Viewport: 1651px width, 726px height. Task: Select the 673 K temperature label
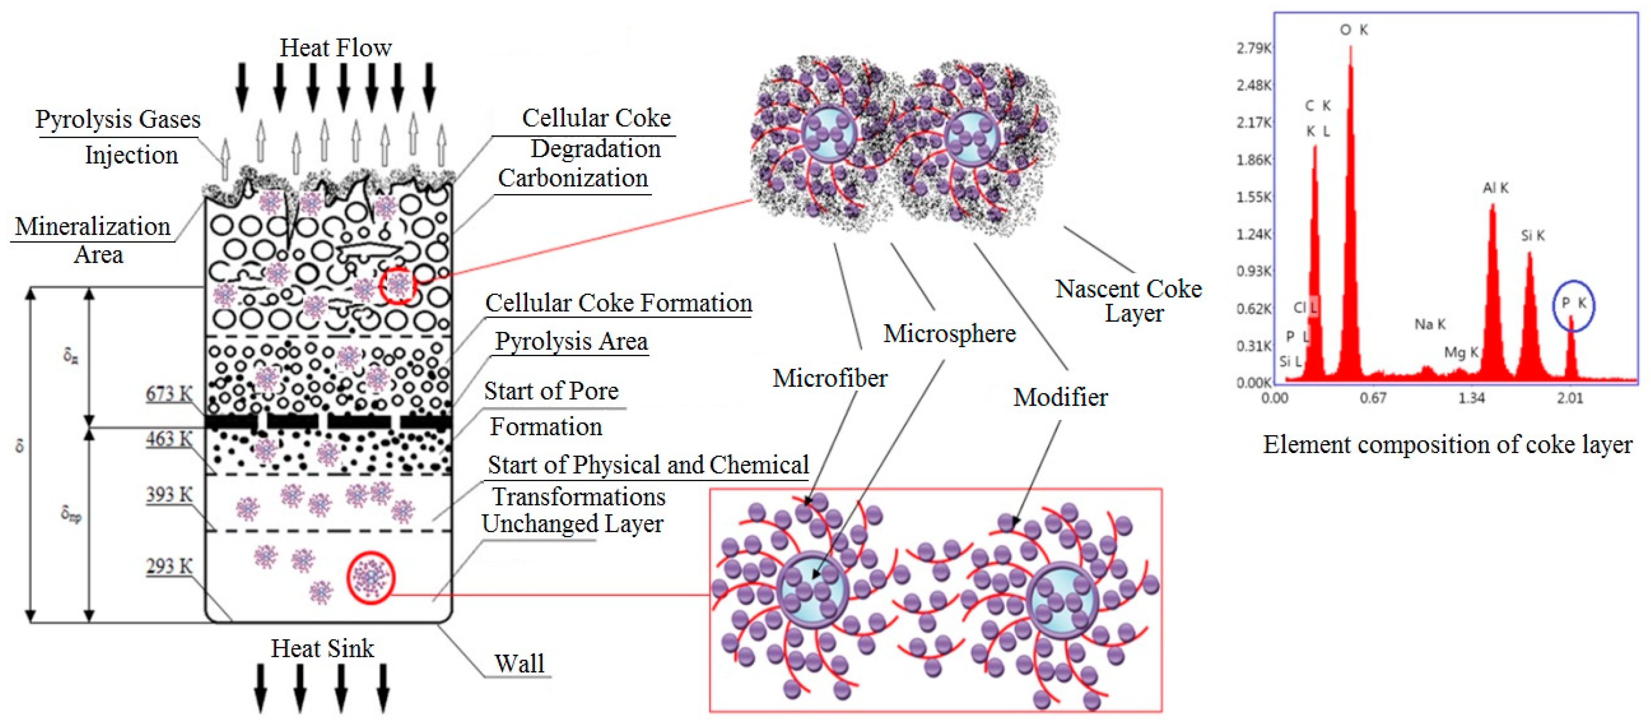(168, 393)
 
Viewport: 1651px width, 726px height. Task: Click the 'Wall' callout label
(519, 663)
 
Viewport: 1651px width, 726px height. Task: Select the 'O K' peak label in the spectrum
(1354, 29)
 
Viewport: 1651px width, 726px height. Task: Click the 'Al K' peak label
(1495, 188)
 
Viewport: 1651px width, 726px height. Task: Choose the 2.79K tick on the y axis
(1254, 48)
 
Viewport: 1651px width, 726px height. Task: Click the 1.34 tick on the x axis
(1471, 398)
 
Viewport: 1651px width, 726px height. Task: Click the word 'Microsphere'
(949, 333)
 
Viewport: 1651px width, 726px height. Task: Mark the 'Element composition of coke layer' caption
(1447, 444)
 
